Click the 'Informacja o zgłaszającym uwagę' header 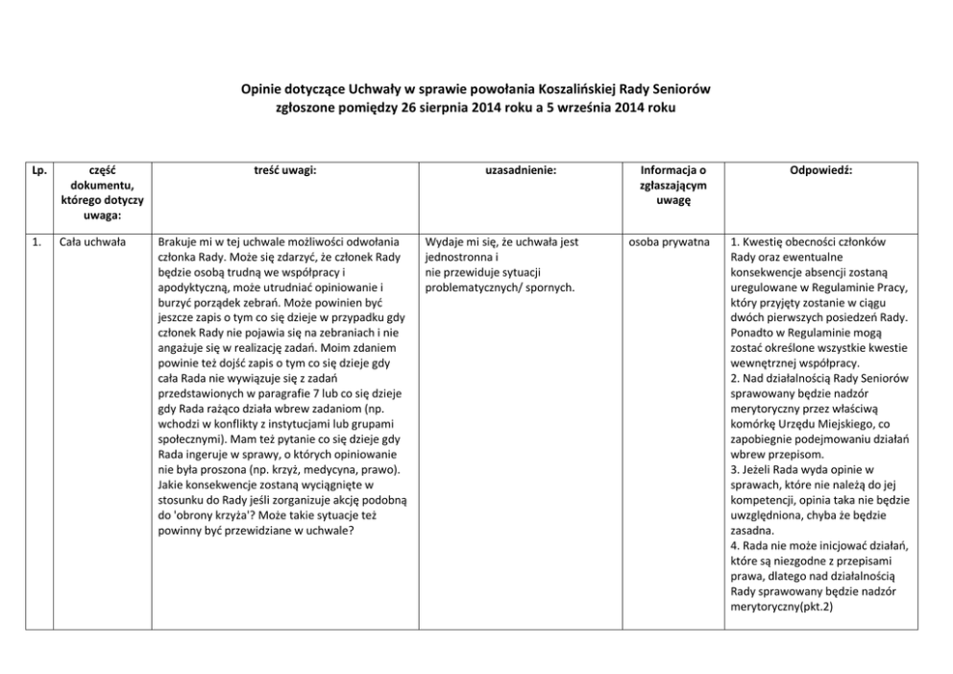point(673,185)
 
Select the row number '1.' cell point(37,242)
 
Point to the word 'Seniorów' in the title point(683,89)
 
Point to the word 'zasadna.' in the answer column point(754,530)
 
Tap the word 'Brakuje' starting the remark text point(178,242)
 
